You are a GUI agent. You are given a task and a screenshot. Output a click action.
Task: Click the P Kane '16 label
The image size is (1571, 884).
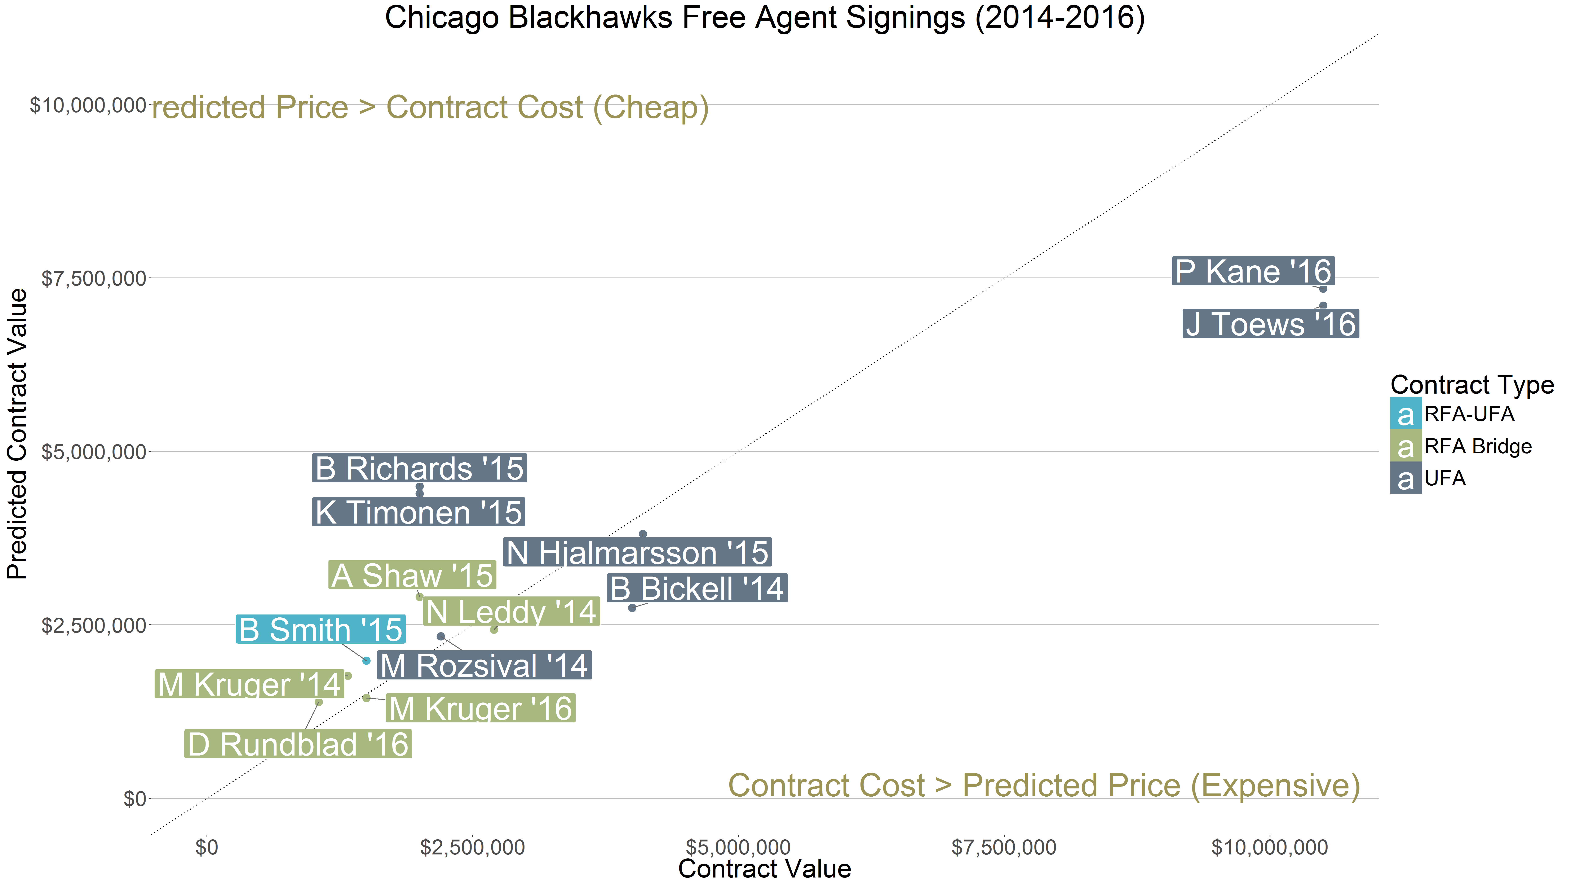click(x=1253, y=271)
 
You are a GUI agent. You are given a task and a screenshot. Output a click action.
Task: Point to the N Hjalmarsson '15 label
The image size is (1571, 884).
click(x=637, y=553)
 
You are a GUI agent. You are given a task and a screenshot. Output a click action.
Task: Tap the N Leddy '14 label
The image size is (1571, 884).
click(x=511, y=611)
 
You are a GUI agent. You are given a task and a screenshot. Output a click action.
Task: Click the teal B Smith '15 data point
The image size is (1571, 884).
click(x=367, y=660)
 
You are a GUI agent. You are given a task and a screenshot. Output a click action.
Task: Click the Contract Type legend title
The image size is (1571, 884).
click(x=1472, y=385)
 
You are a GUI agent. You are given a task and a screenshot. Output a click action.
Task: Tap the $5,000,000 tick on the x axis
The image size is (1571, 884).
click(x=738, y=847)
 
